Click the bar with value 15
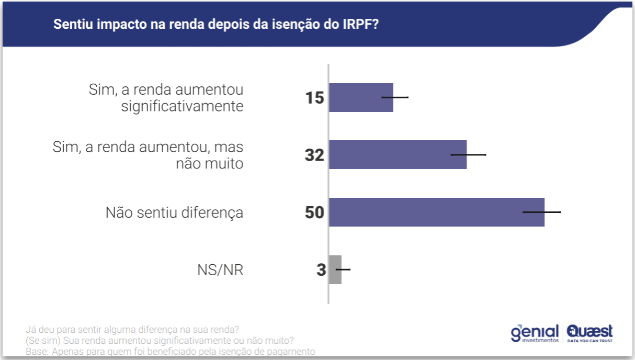(360, 97)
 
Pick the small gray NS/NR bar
(335, 269)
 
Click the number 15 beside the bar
(315, 98)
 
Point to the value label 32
(315, 155)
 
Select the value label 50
(315, 212)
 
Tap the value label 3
(321, 270)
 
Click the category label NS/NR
(220, 270)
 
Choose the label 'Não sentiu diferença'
(174, 212)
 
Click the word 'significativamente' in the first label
(182, 106)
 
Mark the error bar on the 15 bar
(395, 97)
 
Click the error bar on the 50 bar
(542, 212)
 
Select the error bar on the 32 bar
(469, 155)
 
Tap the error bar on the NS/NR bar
(343, 269)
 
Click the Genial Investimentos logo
(534, 333)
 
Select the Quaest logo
(589, 333)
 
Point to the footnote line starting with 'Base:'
(171, 352)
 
